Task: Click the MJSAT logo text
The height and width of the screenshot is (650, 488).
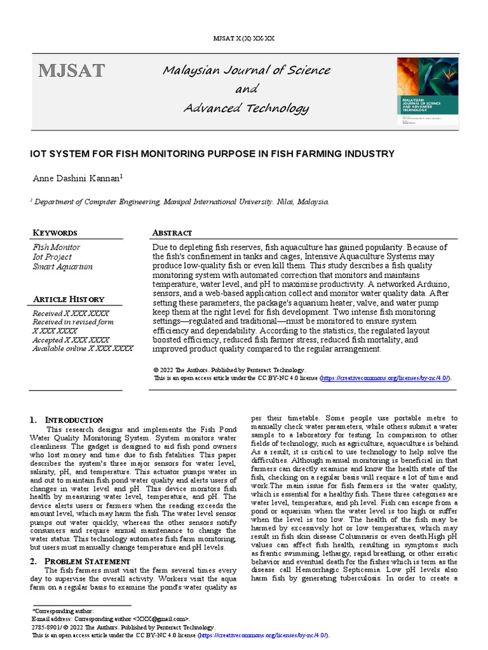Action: coord(71,70)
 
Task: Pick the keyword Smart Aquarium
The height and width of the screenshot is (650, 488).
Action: coord(62,267)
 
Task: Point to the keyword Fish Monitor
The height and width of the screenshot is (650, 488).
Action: coord(56,247)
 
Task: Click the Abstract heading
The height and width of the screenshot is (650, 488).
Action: coord(172,233)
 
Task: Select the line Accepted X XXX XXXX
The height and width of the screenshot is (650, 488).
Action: coord(71,340)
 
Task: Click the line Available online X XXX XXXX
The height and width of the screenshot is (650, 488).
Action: coord(83,348)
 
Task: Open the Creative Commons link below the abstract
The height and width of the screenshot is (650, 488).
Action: coord(386,378)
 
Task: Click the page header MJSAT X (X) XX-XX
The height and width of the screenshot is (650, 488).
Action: coord(244,38)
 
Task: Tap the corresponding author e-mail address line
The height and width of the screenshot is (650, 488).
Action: coord(111,618)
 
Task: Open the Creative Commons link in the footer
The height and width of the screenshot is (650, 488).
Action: coord(264,635)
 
